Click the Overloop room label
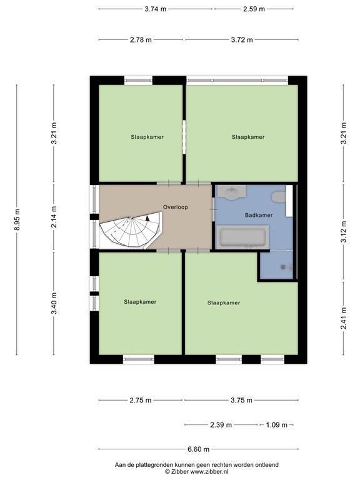[176, 206]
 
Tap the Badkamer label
[258, 214]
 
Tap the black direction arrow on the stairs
[147, 219]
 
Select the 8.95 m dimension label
[17, 219]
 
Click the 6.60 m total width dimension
[197, 449]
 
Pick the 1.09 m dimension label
[276, 425]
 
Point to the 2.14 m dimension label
[54, 214]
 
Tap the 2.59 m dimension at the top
[253, 9]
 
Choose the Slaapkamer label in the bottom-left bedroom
[140, 301]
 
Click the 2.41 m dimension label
[342, 318]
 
